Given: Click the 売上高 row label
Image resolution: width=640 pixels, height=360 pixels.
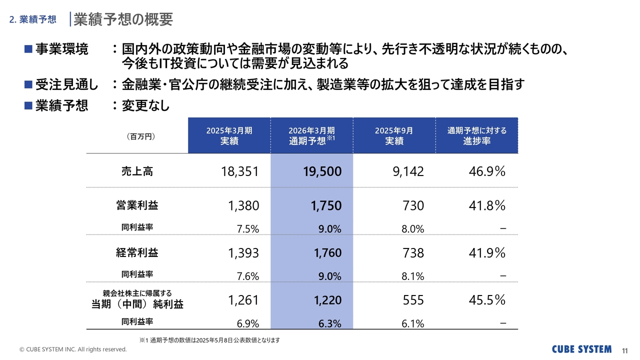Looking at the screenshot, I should pyautogui.click(x=137, y=171).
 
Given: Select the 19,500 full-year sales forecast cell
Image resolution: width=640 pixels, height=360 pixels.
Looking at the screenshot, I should pyautogui.click(x=322, y=172).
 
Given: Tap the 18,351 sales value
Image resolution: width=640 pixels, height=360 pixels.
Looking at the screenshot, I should pyautogui.click(x=240, y=172).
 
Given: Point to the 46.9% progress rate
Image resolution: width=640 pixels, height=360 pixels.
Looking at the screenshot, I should pyautogui.click(x=487, y=172).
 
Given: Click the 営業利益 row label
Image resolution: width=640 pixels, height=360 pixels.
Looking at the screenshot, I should pyautogui.click(x=137, y=205).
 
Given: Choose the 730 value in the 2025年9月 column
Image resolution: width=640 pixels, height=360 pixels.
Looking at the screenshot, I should pyautogui.click(x=413, y=206).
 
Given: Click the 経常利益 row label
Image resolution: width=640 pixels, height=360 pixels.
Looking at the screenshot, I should pyautogui.click(x=137, y=252).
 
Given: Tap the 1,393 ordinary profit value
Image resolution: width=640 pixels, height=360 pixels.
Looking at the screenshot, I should pyautogui.click(x=243, y=253).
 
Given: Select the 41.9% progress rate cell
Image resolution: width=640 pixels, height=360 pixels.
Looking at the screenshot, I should pyautogui.click(x=487, y=253).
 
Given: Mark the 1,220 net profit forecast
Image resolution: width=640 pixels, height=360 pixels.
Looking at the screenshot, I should pyautogui.click(x=328, y=300).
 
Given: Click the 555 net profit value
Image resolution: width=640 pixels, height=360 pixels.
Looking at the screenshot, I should pyautogui.click(x=413, y=300).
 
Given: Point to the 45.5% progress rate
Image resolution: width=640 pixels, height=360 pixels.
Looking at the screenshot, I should pyautogui.click(x=487, y=300).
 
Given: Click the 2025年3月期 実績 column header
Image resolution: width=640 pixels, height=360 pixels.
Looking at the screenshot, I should pyautogui.click(x=229, y=135).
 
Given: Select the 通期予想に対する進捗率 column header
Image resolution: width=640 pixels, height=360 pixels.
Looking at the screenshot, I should pyautogui.click(x=476, y=135).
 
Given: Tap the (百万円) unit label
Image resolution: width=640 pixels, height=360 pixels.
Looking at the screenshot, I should pyautogui.click(x=137, y=135).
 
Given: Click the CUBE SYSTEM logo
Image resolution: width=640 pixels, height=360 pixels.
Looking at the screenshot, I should pyautogui.click(x=581, y=349).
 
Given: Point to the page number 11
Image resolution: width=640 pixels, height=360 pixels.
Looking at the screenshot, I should pyautogui.click(x=624, y=349).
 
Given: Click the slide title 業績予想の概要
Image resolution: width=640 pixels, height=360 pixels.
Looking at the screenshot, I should pyautogui.click(x=123, y=19).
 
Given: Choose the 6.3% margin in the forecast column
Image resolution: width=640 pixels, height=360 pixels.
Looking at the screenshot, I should pyautogui.click(x=330, y=324).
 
